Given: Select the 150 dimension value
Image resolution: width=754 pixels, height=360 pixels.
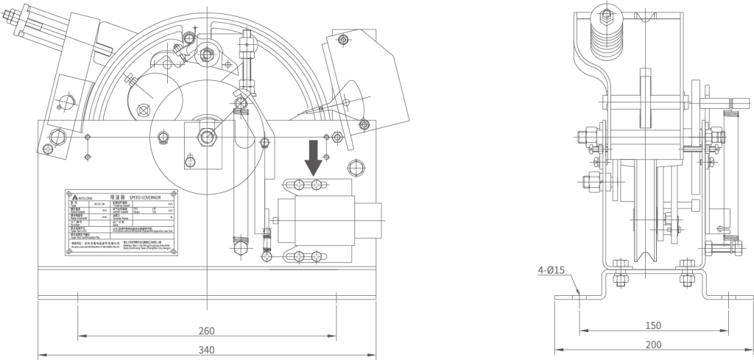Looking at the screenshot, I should pyautogui.click(x=652, y=325).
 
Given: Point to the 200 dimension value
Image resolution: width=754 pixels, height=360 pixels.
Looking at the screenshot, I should pyautogui.click(x=652, y=345).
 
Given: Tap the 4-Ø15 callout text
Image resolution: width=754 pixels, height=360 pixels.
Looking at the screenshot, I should pyautogui.click(x=551, y=270).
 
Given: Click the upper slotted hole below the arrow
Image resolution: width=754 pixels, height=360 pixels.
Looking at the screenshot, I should pyautogui.click(x=307, y=184).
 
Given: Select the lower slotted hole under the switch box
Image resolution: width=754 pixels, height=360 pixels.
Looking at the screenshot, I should pyautogui.click(x=307, y=255).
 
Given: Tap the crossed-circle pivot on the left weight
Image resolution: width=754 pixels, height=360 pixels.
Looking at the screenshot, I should pyautogui.click(x=143, y=110).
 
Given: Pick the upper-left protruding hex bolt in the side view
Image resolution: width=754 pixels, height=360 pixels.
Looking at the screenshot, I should pyautogui.click(x=582, y=137).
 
